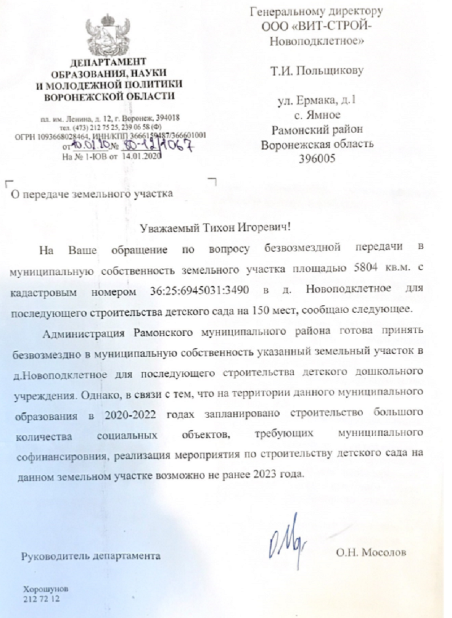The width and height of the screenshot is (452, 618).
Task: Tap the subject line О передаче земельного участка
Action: [91, 195]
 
